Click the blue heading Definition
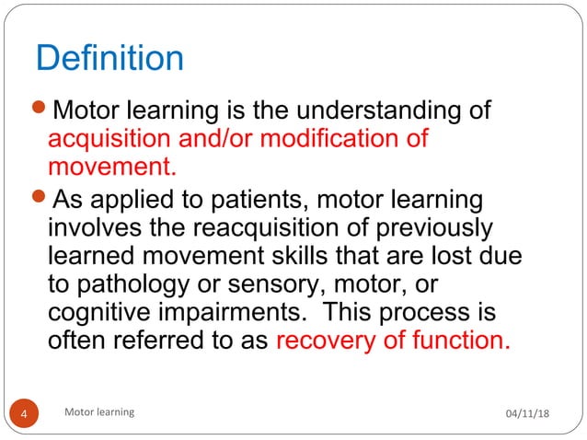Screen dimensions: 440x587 click(x=109, y=59)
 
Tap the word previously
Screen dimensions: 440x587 click(x=437, y=227)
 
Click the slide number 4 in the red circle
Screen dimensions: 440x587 click(x=27, y=413)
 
